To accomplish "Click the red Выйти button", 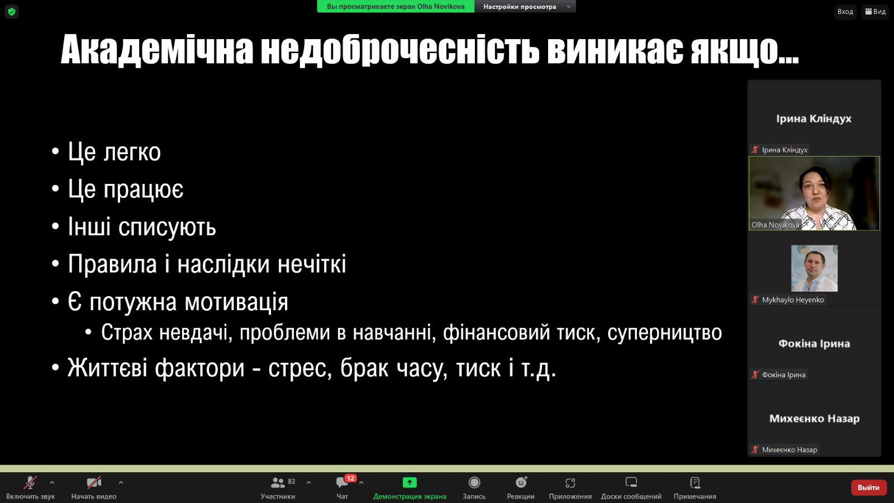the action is tap(868, 487).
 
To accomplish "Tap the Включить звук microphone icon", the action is tap(30, 483).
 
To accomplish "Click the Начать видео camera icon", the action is tap(94, 483).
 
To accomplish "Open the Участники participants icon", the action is tap(277, 483).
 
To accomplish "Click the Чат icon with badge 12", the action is tap(343, 482).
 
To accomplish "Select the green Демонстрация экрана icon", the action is tap(410, 483).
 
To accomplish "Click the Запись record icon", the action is tap(474, 483).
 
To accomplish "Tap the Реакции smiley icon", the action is tap(521, 483).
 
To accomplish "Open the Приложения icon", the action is tap(570, 483).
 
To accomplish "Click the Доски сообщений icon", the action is tap(631, 482).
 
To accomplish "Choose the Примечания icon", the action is tap(695, 483).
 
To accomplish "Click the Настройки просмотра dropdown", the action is tap(525, 6).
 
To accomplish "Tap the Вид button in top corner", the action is tap(875, 12).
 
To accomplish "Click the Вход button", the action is tap(845, 12).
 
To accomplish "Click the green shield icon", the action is tap(12, 12).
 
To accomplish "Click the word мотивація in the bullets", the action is tap(236, 302).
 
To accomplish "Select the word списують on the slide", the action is tap(167, 227).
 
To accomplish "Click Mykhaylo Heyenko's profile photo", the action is tap(814, 268).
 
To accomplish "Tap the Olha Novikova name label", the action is tap(775, 225).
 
